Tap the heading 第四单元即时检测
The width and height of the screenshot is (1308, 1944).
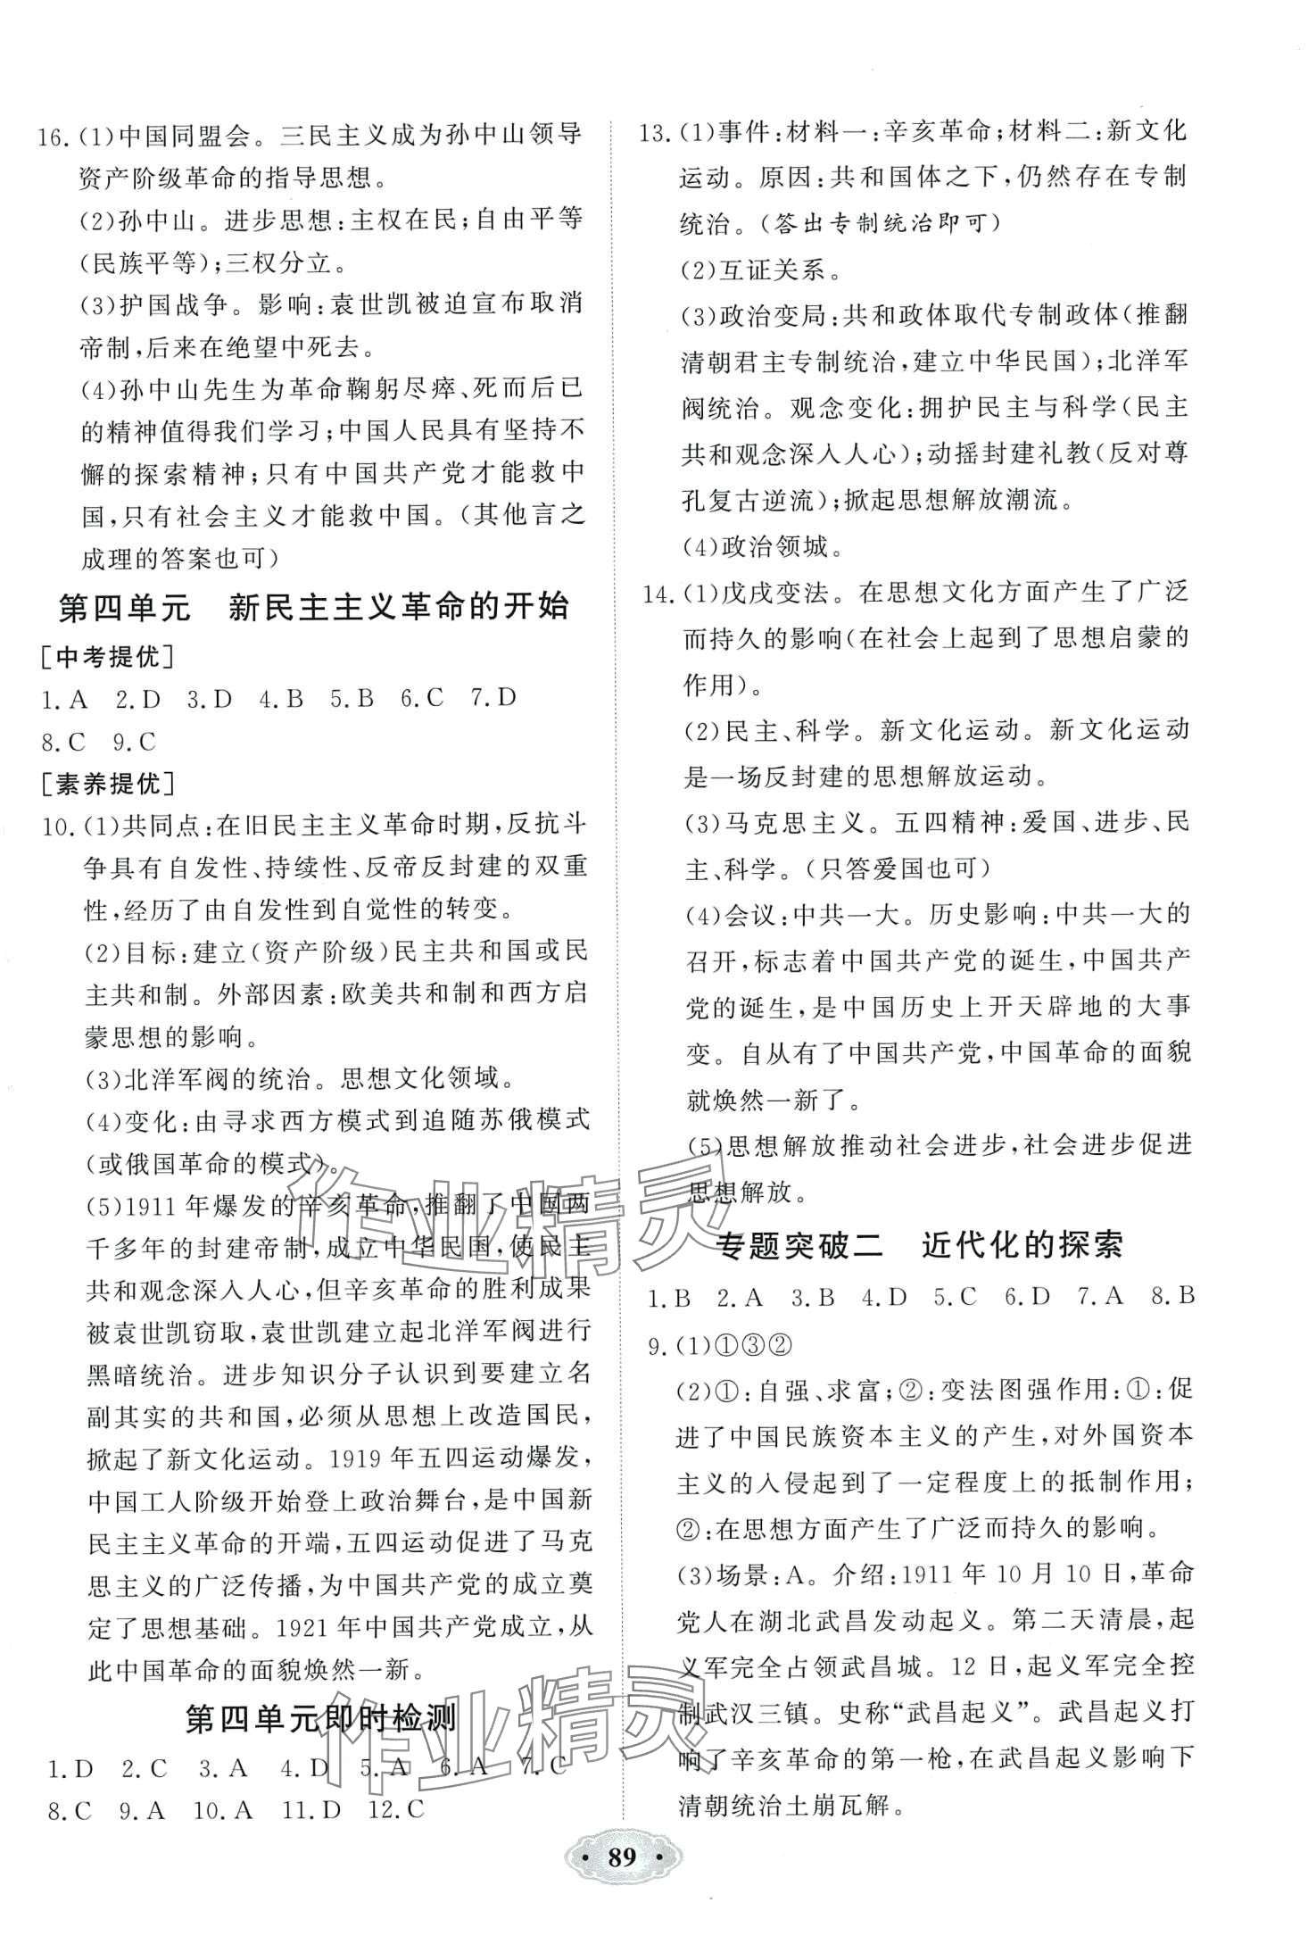(320, 1719)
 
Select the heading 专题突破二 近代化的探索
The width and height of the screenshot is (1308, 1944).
(920, 1246)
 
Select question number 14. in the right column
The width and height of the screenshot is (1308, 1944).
(658, 591)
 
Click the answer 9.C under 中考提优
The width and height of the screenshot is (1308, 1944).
(135, 741)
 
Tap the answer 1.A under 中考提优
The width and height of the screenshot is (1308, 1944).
(64, 699)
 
